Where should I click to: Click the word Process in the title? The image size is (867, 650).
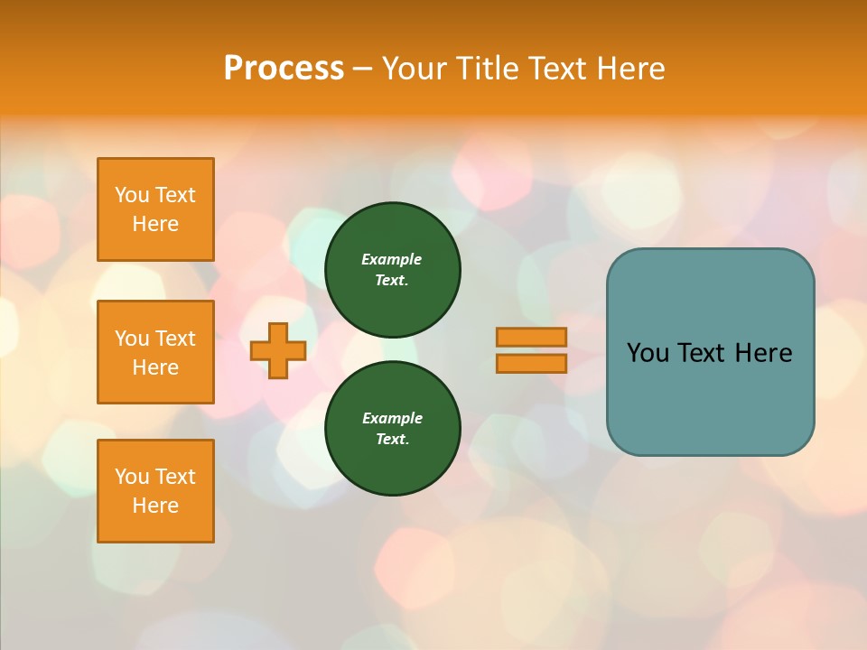(x=284, y=68)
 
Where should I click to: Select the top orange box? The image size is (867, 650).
(x=155, y=209)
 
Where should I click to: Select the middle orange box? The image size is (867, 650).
(x=155, y=352)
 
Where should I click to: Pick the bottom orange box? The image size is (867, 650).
(x=155, y=491)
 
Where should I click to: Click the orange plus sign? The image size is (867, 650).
(x=278, y=350)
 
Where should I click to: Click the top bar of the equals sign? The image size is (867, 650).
(x=531, y=337)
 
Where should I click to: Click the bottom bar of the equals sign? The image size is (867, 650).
(x=531, y=363)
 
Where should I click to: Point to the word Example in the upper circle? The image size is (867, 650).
(x=392, y=259)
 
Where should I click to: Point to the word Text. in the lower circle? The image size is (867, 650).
(x=392, y=440)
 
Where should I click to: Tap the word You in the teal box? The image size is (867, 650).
(x=648, y=353)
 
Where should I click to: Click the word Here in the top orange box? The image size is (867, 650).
(x=155, y=224)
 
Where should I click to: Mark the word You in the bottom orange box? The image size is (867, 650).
(x=132, y=477)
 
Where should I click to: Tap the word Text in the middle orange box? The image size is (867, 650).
(x=175, y=339)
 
